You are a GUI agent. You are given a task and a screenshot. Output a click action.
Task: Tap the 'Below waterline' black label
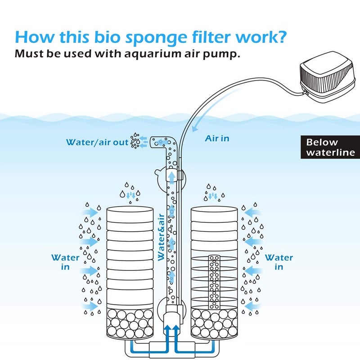(x=328, y=148)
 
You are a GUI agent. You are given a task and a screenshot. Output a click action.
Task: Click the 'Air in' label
(x=217, y=138)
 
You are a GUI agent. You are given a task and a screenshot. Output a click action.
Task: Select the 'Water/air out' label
(x=97, y=142)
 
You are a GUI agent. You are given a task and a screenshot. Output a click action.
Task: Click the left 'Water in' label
(x=65, y=262)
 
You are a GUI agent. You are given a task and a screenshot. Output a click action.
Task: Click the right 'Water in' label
(x=279, y=262)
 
